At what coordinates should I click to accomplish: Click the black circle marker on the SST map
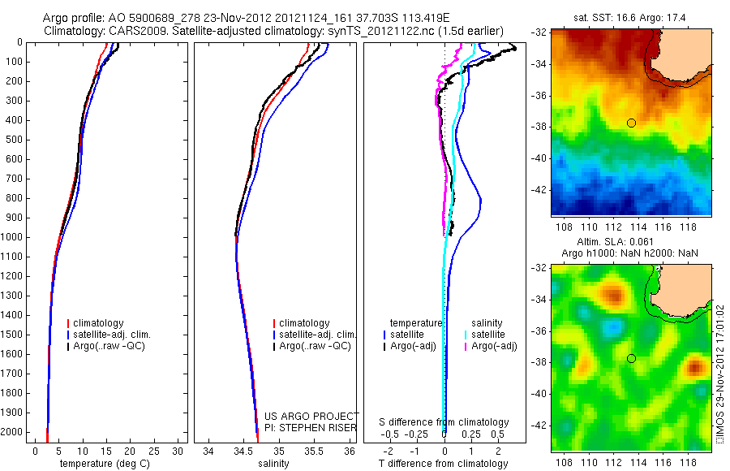click(631, 123)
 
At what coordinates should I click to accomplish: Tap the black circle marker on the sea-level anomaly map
click(631, 358)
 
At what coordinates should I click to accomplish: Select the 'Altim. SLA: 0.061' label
click(629, 243)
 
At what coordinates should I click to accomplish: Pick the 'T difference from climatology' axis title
click(443, 464)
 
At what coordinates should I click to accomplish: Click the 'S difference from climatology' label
click(444, 422)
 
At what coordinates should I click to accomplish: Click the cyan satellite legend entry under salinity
click(487, 335)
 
